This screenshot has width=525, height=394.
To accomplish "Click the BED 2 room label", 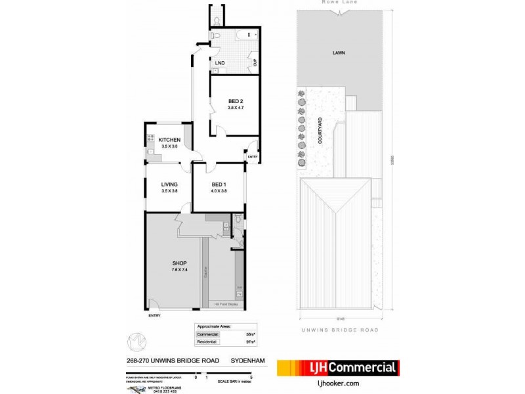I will click(x=226, y=101).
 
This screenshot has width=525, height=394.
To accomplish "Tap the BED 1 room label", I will click(x=219, y=183).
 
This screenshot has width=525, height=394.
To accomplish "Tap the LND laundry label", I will click(x=220, y=63).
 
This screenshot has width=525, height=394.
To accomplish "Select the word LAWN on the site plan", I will click(x=339, y=53).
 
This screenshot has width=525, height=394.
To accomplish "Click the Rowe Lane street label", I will click(x=339, y=3).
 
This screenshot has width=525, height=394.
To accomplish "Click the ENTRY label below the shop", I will click(x=155, y=316).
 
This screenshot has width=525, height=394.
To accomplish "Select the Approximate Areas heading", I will click(x=214, y=326).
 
